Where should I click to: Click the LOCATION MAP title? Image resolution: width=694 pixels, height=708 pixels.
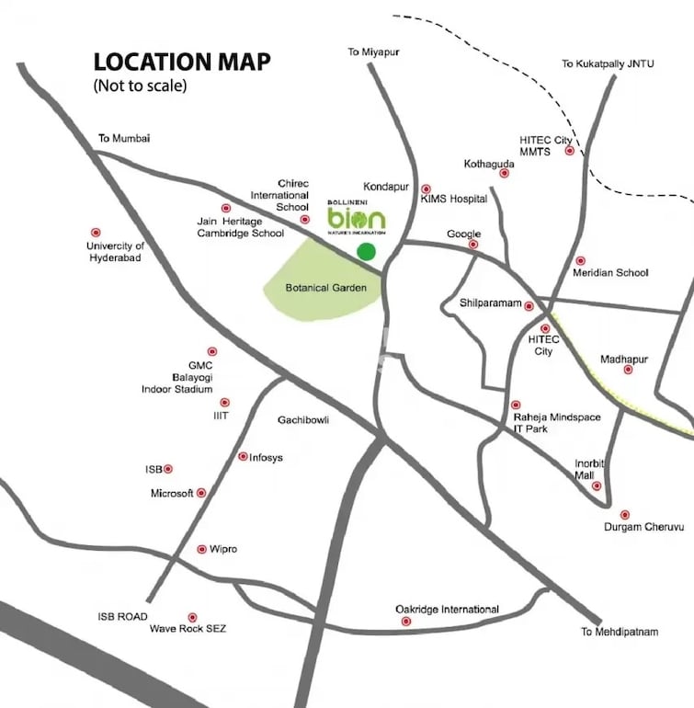182,63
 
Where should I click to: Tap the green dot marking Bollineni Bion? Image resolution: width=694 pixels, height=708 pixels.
366,251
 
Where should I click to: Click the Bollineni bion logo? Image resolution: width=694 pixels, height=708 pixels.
357,218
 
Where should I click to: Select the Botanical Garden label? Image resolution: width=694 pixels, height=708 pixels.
325,288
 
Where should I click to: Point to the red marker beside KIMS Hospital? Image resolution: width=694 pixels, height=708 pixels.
425,188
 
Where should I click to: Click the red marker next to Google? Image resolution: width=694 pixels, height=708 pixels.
473,245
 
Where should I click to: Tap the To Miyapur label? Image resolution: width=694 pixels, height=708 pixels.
374,52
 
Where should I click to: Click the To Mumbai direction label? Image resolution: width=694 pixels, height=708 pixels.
124,139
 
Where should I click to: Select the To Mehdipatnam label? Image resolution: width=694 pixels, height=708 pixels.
620,632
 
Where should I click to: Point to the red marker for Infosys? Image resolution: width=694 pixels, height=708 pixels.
243,456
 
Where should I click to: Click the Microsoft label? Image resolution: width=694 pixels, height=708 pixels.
172,494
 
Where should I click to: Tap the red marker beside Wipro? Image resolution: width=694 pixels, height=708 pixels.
201,549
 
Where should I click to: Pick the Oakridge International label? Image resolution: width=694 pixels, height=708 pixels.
447,609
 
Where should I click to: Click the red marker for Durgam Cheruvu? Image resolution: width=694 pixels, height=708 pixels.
625,515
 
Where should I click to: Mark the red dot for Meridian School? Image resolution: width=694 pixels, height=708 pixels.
580,261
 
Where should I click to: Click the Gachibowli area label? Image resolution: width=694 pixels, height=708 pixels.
303,420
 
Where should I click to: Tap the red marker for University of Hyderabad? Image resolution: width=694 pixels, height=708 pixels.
95,233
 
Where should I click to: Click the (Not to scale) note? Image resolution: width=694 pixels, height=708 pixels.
140,86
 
